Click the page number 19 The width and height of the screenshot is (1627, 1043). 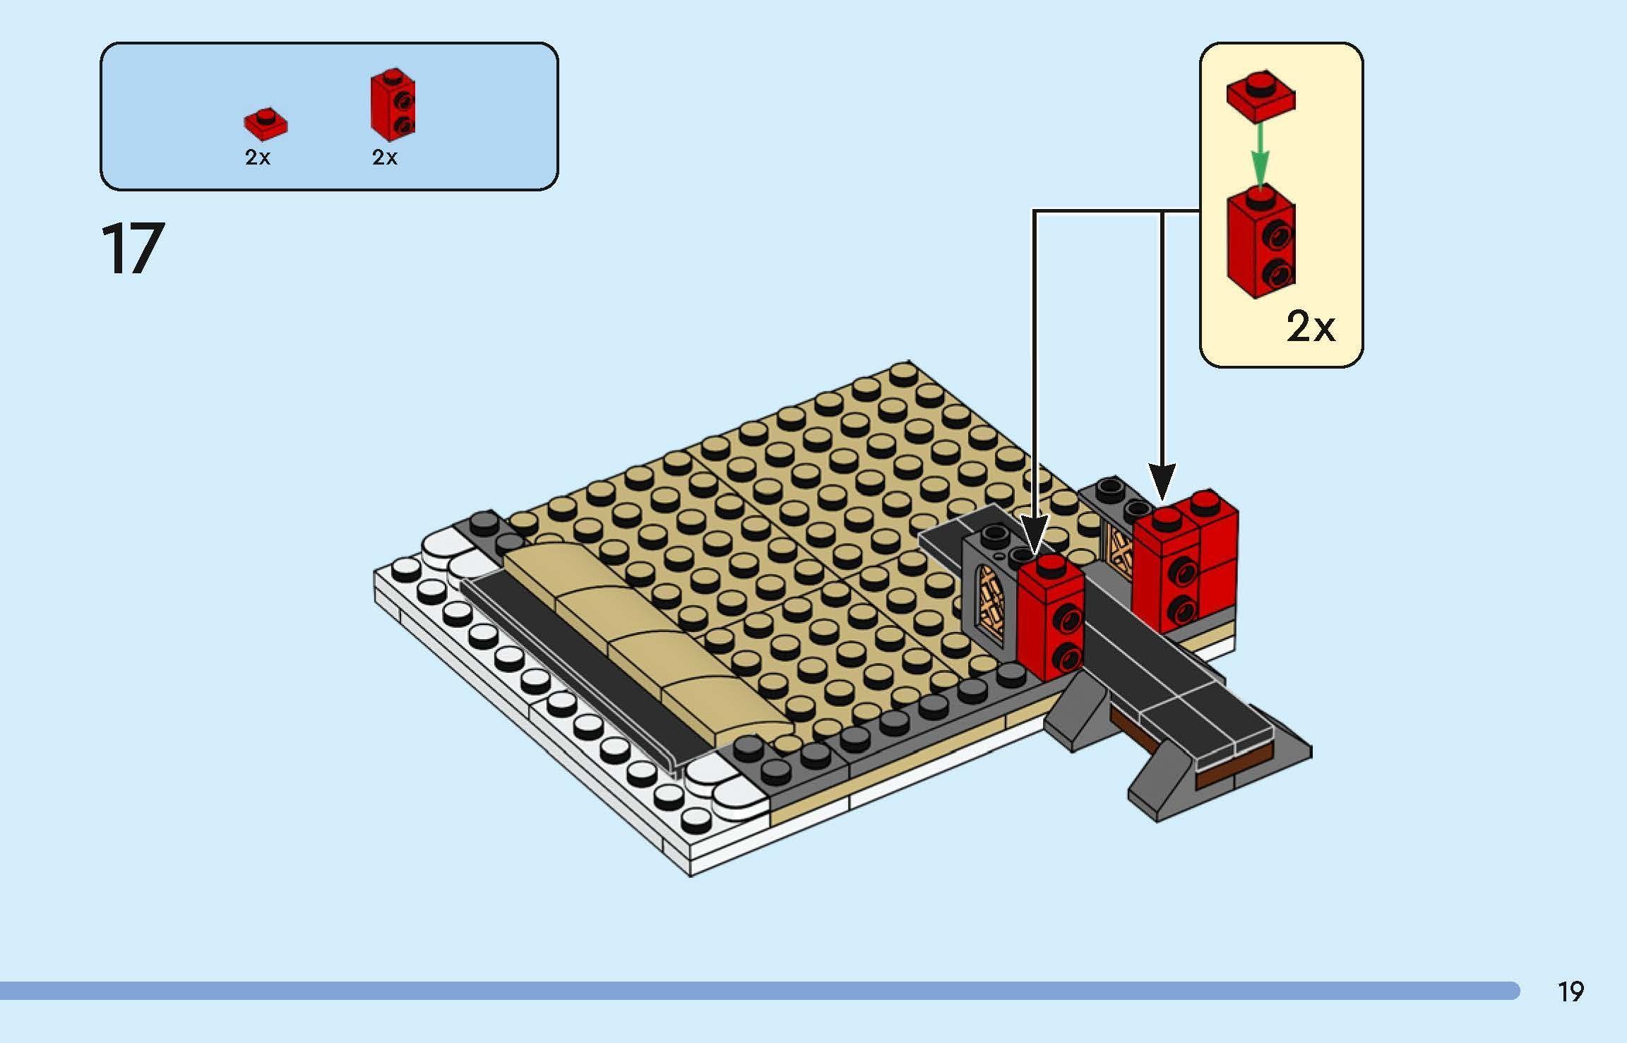[x=1571, y=992]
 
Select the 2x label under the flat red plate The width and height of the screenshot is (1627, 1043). [x=258, y=157]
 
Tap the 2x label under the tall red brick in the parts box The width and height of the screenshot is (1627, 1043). [x=385, y=157]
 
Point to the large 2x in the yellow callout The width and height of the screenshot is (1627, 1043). [x=1311, y=326]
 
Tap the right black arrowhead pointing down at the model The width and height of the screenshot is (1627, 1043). [x=1162, y=482]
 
